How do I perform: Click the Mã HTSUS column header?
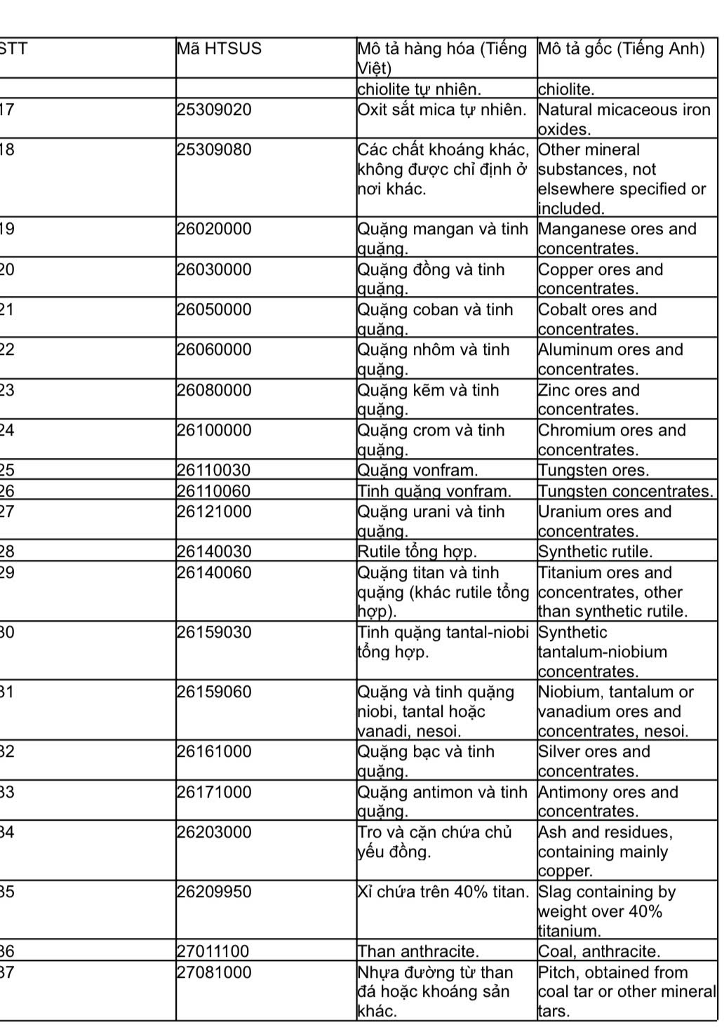pos(219,49)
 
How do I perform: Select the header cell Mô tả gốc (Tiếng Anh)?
pos(621,49)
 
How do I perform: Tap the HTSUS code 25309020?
pos(214,110)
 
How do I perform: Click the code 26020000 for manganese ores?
pos(214,229)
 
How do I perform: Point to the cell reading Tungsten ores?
pos(594,471)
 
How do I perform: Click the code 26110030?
pos(214,471)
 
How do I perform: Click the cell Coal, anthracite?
pos(599,952)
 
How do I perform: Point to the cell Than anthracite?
pos(418,952)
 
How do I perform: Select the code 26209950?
pos(214,892)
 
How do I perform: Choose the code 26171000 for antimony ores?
pos(214,793)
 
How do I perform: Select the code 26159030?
pos(214,633)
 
